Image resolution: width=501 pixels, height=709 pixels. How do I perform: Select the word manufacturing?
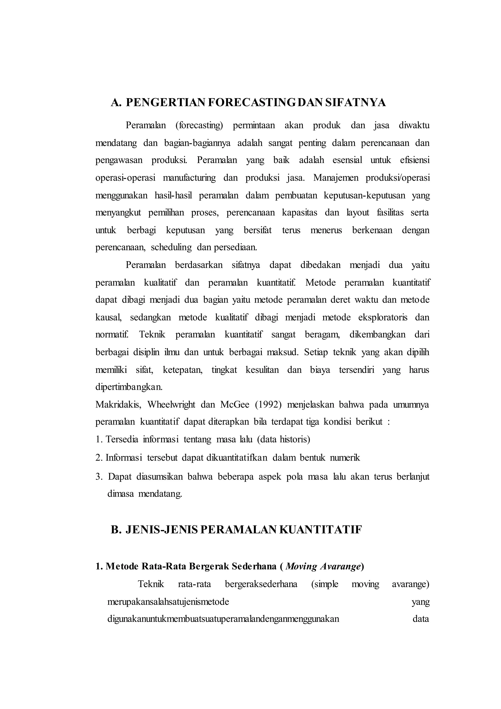pyautogui.click(x=189, y=178)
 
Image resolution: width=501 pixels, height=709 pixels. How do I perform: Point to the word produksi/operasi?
pyautogui.click(x=397, y=178)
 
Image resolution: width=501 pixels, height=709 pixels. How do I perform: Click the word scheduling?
pyautogui.click(x=171, y=248)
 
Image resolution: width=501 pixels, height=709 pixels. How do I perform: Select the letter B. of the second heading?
pyautogui.click(x=116, y=530)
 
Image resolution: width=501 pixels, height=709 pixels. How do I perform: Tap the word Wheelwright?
pyautogui.click(x=171, y=404)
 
